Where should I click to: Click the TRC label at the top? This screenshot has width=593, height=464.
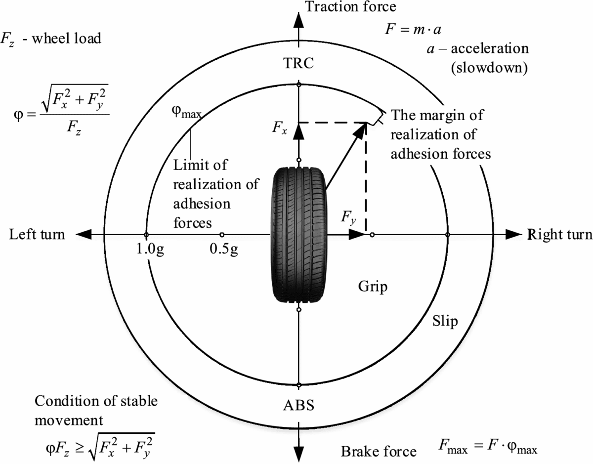pyautogui.click(x=298, y=64)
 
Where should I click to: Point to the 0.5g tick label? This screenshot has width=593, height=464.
pyautogui.click(x=223, y=248)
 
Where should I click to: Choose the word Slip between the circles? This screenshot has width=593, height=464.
pyautogui.click(x=445, y=321)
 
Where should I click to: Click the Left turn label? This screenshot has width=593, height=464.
pyautogui.click(x=37, y=234)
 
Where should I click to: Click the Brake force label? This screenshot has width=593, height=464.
pyautogui.click(x=379, y=451)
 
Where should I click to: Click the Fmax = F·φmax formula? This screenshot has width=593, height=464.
pyautogui.click(x=487, y=448)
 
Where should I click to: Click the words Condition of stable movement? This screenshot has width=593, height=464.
pyautogui.click(x=96, y=410)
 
